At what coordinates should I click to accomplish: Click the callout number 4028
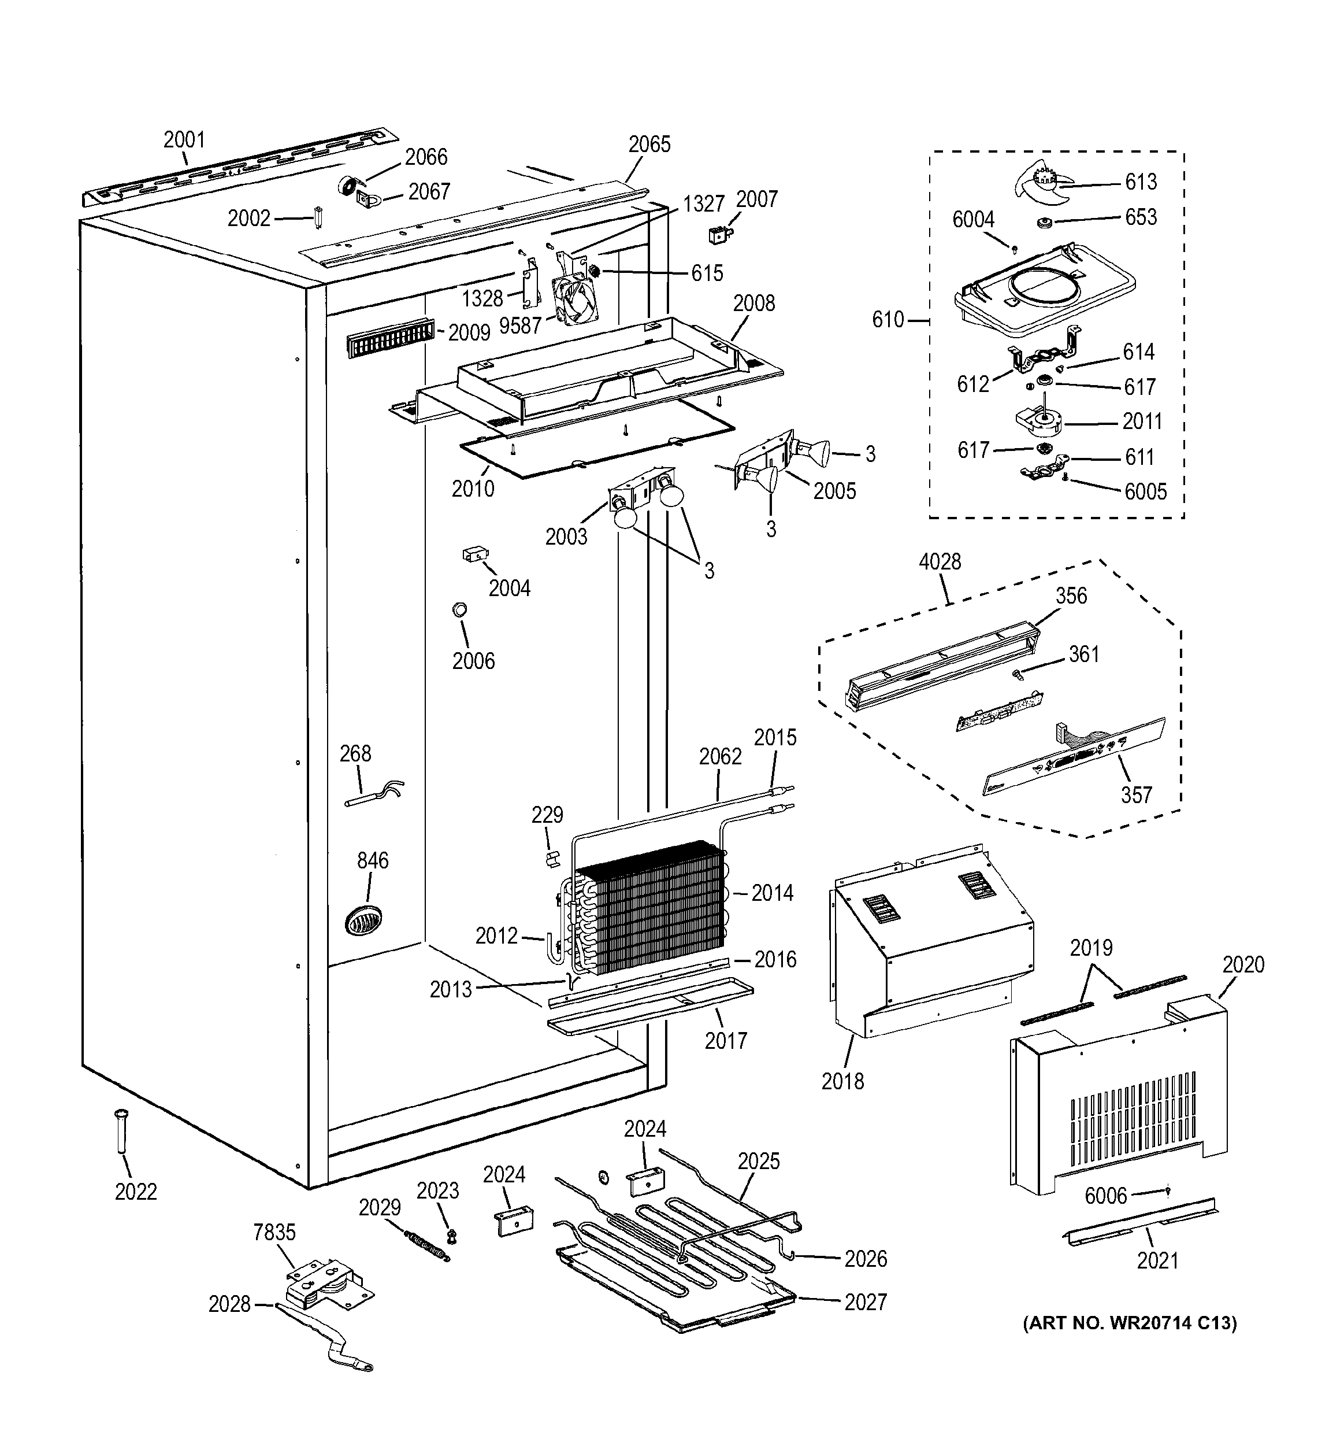[940, 561]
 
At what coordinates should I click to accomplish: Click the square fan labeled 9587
[576, 302]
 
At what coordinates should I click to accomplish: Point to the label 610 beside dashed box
[888, 320]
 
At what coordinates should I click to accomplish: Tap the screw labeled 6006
[1168, 1191]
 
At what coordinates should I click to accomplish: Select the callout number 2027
[865, 1301]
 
